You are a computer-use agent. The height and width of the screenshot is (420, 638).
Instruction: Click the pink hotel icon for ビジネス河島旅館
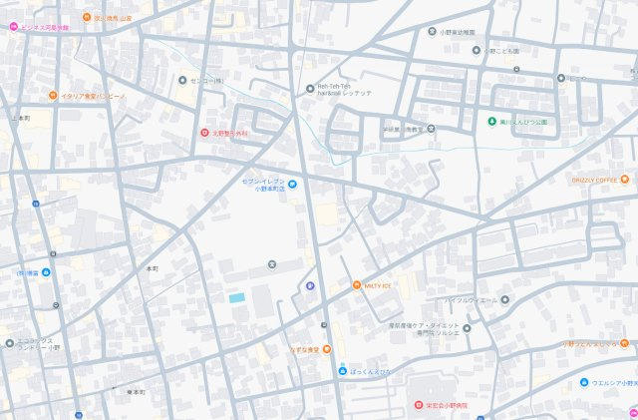(13, 27)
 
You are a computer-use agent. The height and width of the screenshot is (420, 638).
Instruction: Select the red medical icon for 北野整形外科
(204, 133)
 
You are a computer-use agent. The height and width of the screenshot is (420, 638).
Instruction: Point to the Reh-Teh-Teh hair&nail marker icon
(308, 88)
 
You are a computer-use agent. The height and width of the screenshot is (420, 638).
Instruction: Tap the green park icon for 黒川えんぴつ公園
(491, 122)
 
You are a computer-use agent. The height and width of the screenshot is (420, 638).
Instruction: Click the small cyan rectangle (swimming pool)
(236, 297)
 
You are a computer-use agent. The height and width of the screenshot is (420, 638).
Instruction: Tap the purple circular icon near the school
(309, 286)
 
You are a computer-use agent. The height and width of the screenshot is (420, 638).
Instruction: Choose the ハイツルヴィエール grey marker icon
(504, 299)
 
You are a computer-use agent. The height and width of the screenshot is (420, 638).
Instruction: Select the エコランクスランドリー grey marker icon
(9, 343)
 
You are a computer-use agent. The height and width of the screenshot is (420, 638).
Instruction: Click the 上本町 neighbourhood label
(21, 118)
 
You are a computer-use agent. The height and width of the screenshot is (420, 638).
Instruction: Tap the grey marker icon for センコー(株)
(181, 80)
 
